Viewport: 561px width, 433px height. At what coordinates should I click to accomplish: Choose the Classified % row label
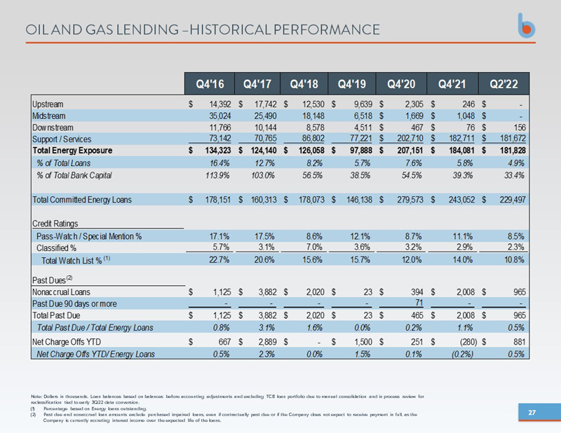(56, 247)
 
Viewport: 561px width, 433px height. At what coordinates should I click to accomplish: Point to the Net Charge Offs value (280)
(462, 341)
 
